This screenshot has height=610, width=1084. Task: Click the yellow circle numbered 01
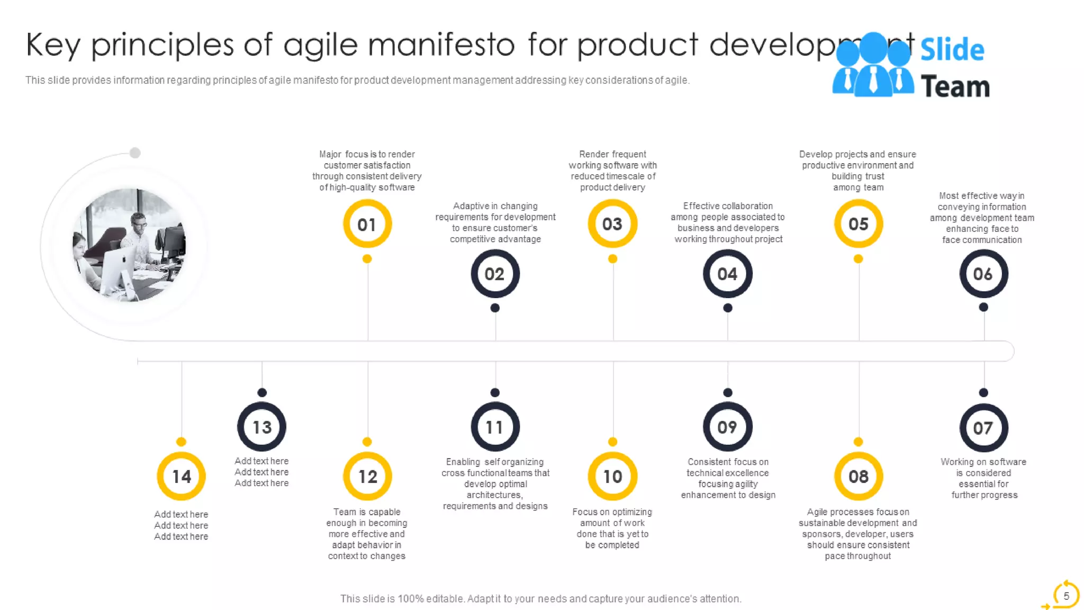pyautogui.click(x=367, y=224)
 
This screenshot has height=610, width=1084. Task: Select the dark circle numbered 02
pyautogui.click(x=495, y=274)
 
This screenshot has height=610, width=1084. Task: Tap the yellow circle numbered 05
pyautogui.click(x=858, y=224)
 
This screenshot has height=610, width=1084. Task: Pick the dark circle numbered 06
pyautogui.click(x=983, y=274)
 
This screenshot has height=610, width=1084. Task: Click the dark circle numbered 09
pyautogui.click(x=727, y=427)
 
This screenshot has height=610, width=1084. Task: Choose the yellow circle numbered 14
pyautogui.click(x=181, y=477)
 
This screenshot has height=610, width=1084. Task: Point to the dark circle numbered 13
pyautogui.click(x=261, y=427)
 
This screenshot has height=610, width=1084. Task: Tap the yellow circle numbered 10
pyautogui.click(x=612, y=477)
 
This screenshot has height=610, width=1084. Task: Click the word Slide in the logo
pyautogui.click(x=952, y=50)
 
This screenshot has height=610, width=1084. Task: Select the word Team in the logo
pyautogui.click(x=955, y=87)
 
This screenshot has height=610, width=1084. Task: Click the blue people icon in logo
pyautogui.click(x=873, y=66)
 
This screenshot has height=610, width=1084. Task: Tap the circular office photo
pyautogui.click(x=130, y=245)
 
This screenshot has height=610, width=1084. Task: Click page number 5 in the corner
pyautogui.click(x=1066, y=596)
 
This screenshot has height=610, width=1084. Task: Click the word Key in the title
pyautogui.click(x=53, y=45)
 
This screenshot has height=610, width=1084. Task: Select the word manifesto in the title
pyautogui.click(x=441, y=45)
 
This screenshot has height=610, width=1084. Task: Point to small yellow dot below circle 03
pyautogui.click(x=612, y=259)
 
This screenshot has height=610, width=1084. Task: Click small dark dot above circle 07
pyautogui.click(x=983, y=392)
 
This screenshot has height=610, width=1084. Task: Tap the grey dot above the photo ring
pyautogui.click(x=135, y=153)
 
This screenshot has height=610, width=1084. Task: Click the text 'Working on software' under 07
pyautogui.click(x=983, y=462)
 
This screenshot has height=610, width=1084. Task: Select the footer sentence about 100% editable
pyautogui.click(x=540, y=599)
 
